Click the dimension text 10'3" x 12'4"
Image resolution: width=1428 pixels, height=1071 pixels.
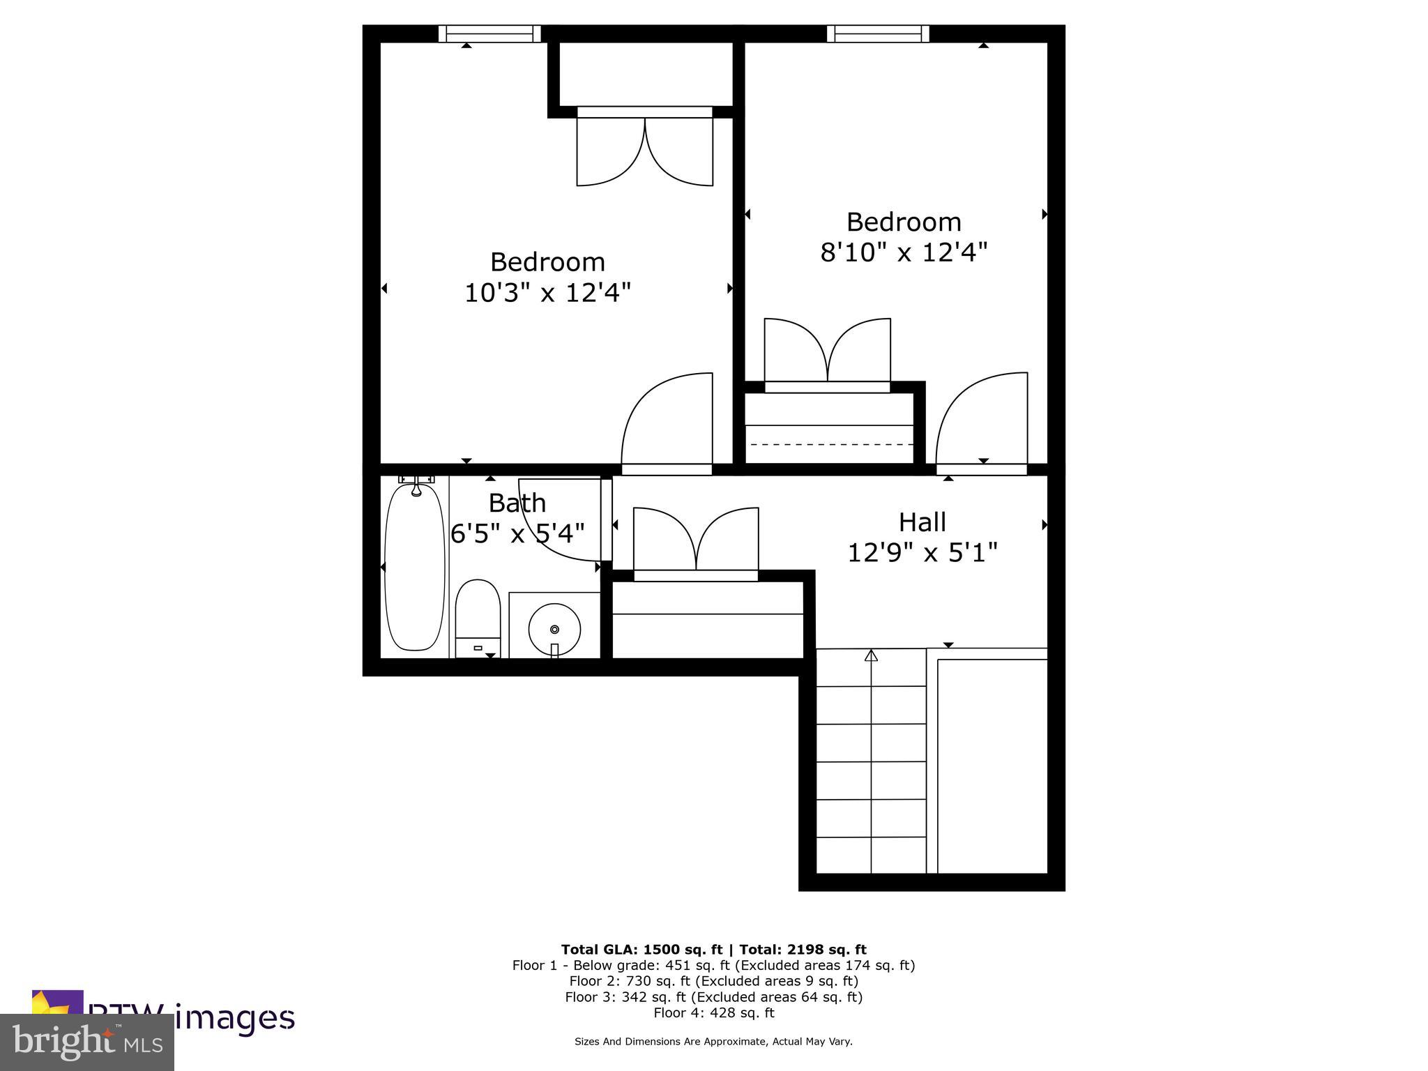(x=547, y=293)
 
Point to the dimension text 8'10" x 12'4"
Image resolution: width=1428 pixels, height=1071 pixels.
(x=904, y=252)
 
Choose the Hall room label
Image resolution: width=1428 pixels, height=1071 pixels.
(x=922, y=522)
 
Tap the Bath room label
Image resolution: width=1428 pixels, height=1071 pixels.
(x=517, y=503)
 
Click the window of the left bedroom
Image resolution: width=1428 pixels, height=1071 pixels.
(x=489, y=33)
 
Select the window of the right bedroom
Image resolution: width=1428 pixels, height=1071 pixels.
(x=878, y=33)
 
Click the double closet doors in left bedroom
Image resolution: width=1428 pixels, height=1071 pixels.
(x=645, y=150)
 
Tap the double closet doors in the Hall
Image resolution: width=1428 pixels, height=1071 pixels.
(x=696, y=542)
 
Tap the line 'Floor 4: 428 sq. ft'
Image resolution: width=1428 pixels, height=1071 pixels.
(x=713, y=1013)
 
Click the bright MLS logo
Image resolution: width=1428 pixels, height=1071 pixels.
(x=87, y=1042)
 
